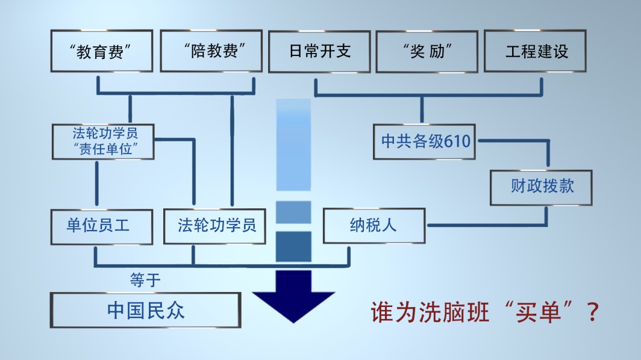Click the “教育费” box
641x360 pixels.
tap(101, 51)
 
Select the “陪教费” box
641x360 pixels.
tap(211, 51)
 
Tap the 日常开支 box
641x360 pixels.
tap(319, 51)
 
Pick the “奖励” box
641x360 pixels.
tap(427, 51)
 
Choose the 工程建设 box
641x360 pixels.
tap(535, 51)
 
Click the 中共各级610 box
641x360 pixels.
tap(425, 142)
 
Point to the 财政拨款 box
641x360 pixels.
tap(541, 187)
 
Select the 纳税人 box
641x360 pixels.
tap(374, 226)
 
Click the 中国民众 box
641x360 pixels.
tap(145, 310)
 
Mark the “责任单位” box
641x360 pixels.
tap(103, 141)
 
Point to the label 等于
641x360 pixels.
tap(145, 280)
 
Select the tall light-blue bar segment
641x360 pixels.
tap(293, 144)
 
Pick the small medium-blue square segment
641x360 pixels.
tap(293, 212)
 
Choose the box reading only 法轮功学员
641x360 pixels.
tap(214, 226)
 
